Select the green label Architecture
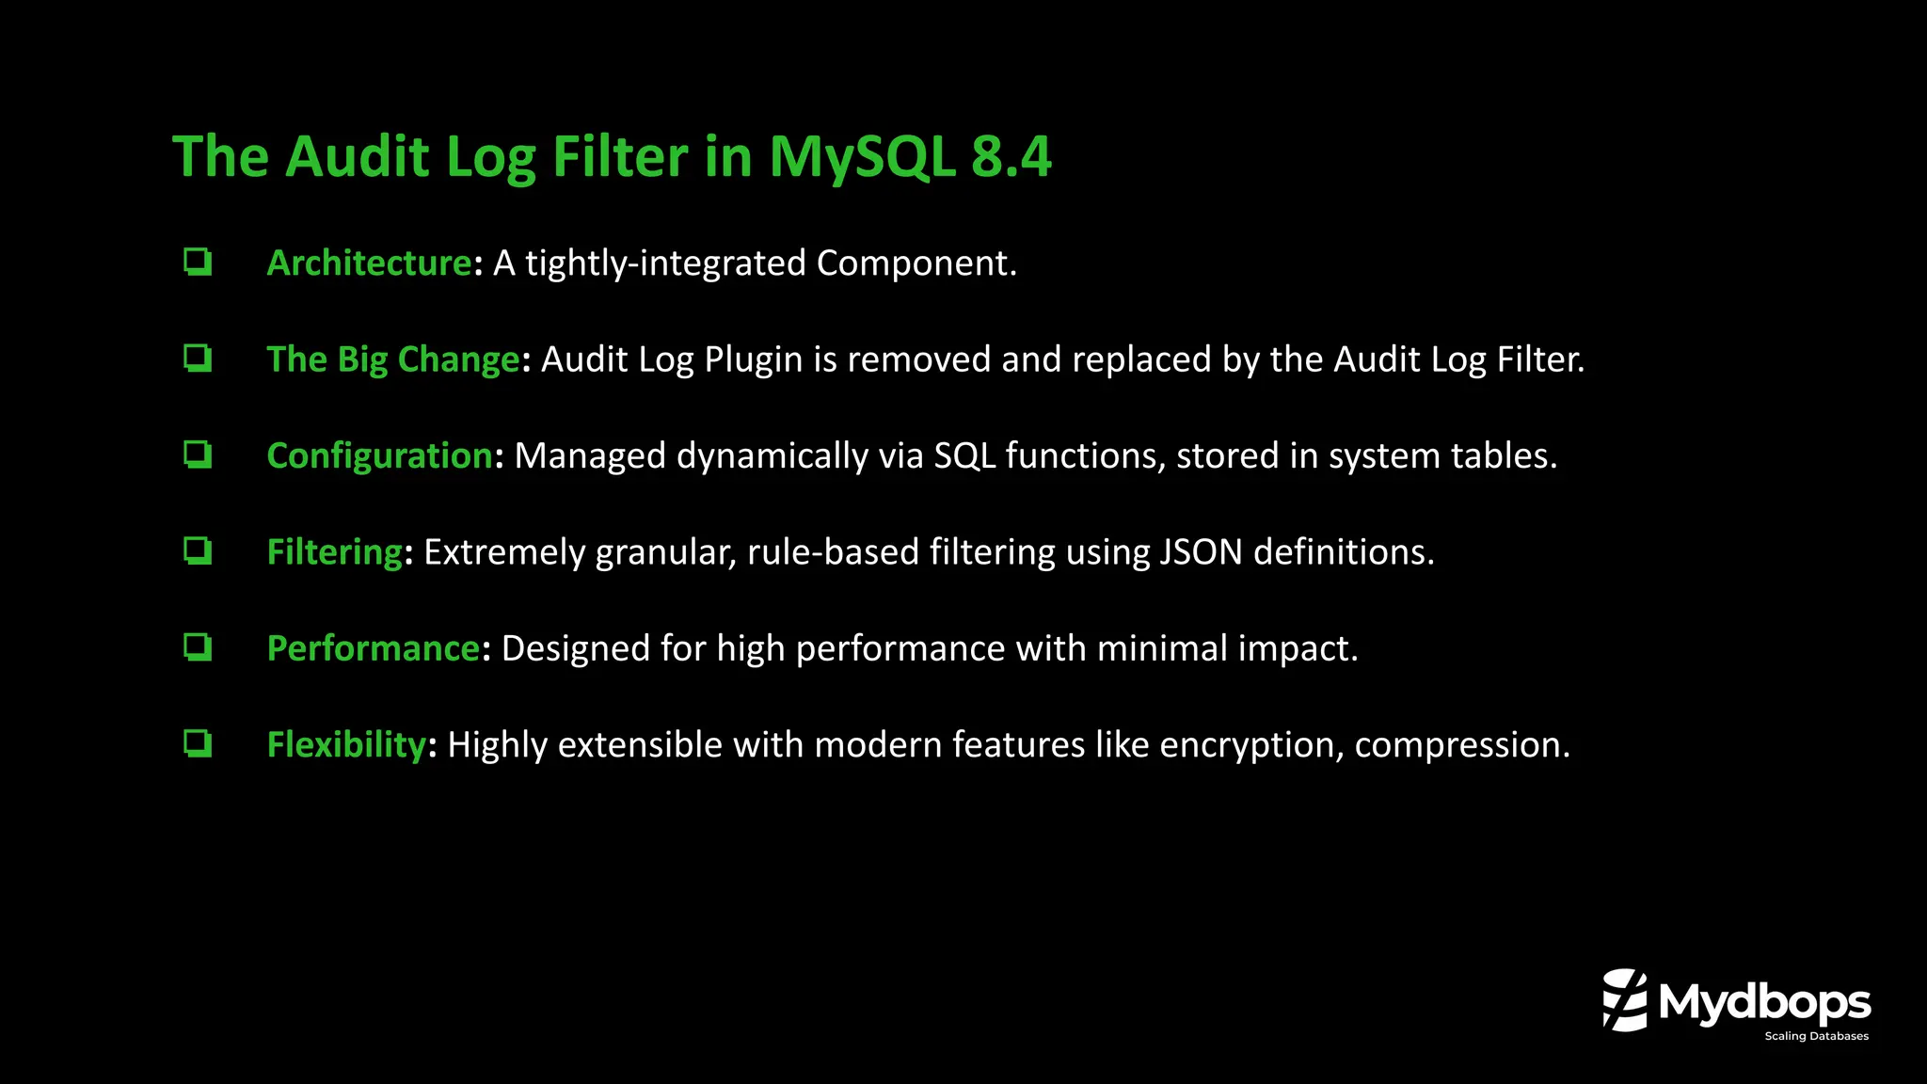(x=369, y=263)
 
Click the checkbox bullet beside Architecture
(x=198, y=262)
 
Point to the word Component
(x=916, y=264)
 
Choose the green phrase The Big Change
(x=393, y=359)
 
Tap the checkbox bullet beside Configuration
(x=198, y=454)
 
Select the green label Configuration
(x=379, y=456)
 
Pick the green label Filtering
(x=335, y=552)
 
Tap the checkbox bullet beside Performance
(x=198, y=647)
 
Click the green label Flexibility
(x=346, y=745)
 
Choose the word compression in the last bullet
(x=1461, y=746)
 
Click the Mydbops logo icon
(x=1625, y=1000)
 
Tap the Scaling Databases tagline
(x=1816, y=1036)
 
